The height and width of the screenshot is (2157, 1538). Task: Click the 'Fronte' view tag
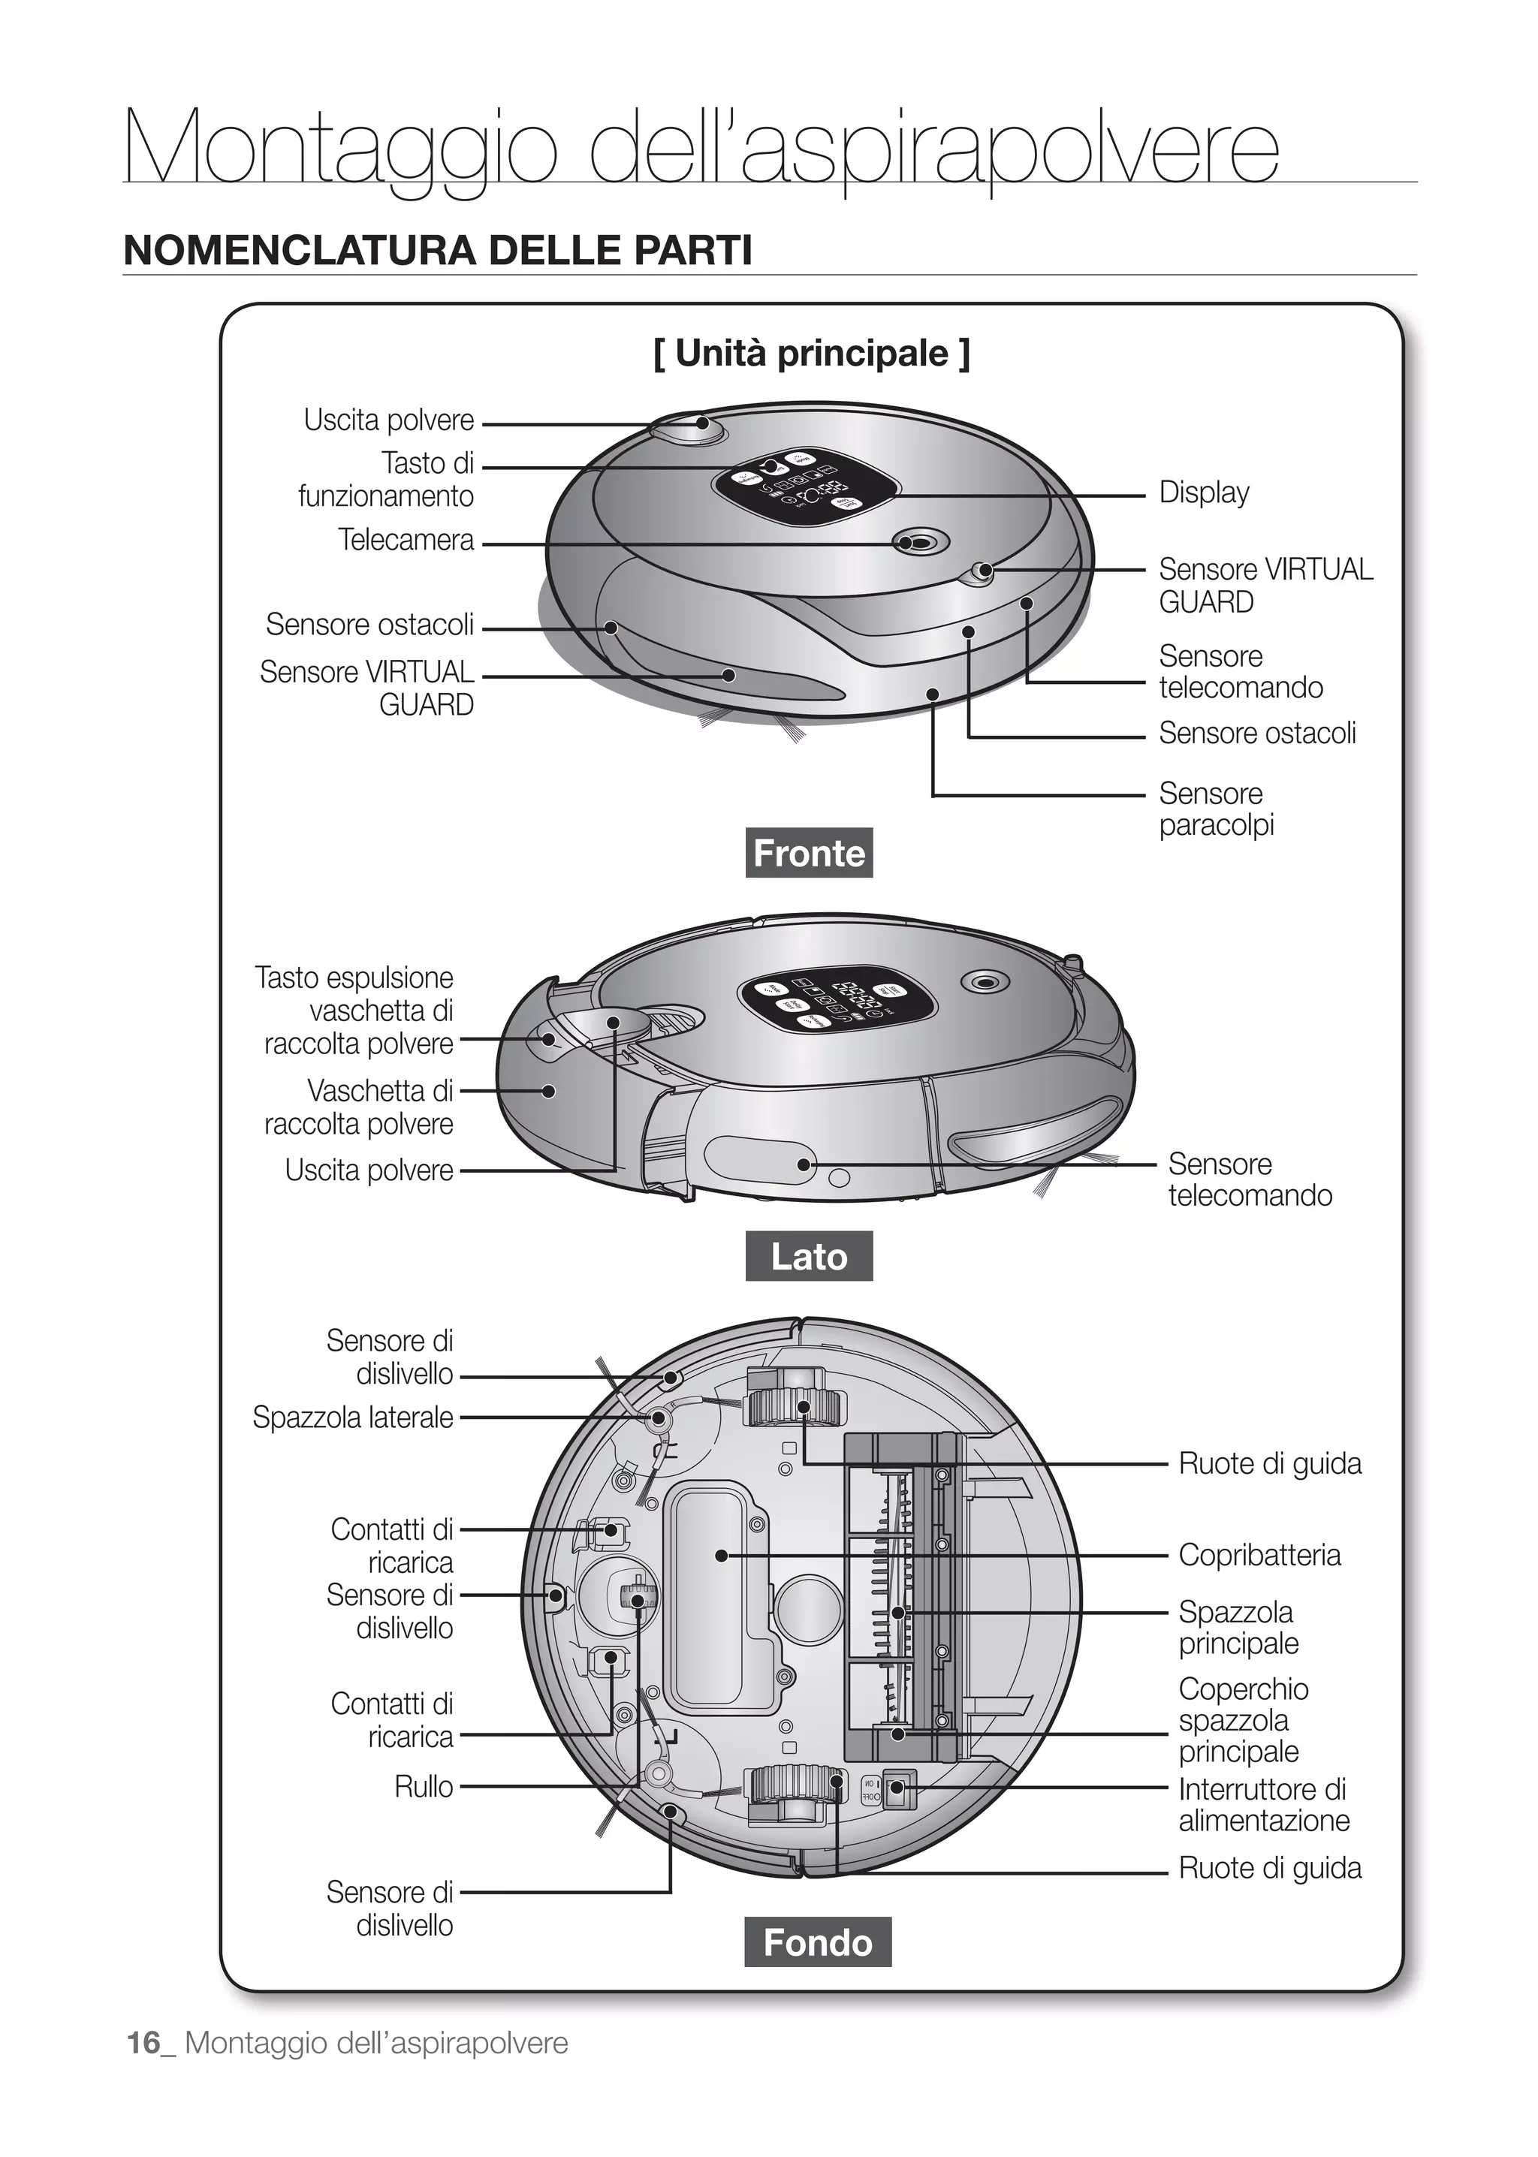point(809,853)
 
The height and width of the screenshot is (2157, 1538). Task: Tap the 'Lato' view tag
point(809,1257)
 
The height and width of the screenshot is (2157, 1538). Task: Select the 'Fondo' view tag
point(817,1942)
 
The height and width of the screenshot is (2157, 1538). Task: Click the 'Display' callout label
point(1204,493)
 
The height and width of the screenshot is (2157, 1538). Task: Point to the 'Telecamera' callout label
point(406,540)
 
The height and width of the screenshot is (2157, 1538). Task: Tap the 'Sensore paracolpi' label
point(1216,809)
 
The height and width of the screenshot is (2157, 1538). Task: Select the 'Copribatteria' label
point(1259,1555)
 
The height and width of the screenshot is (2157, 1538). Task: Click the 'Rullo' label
point(424,1787)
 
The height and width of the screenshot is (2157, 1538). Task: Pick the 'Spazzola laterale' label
point(352,1417)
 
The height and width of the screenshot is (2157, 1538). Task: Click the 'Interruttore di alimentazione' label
point(1263,1805)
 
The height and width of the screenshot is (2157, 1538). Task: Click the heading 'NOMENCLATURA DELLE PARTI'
point(438,251)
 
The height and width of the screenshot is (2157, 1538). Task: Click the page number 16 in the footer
point(144,2042)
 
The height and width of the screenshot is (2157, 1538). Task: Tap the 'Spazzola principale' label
point(1238,1627)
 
